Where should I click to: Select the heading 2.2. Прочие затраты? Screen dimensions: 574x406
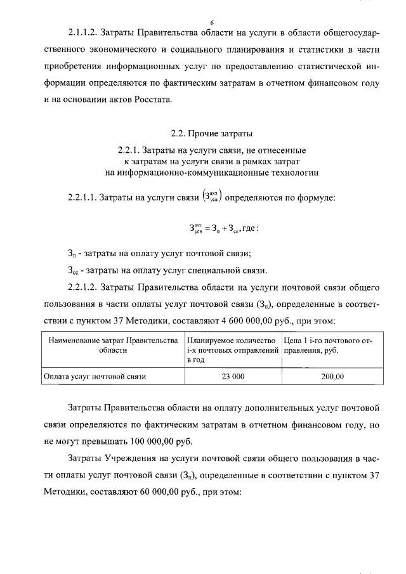tap(203, 134)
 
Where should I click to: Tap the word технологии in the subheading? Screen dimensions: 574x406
tap(291, 172)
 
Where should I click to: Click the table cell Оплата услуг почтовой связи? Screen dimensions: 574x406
tap(95, 376)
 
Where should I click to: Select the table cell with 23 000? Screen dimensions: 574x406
tap(233, 376)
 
